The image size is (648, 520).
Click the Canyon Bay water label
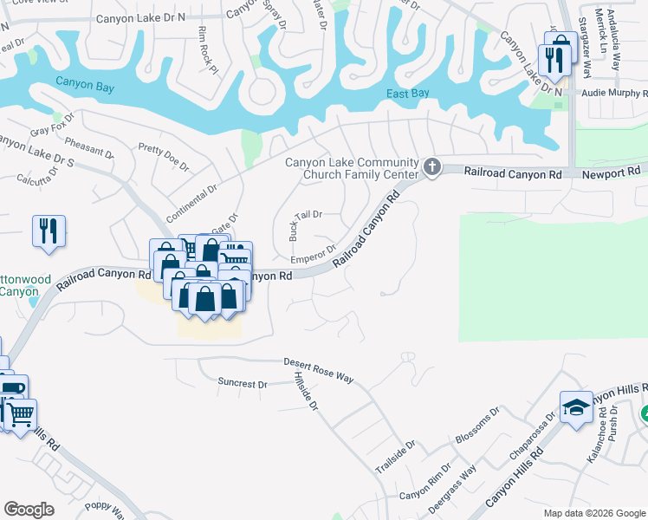[85, 84]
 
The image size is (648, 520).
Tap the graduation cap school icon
[576, 408]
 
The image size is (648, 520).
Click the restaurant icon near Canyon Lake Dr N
[553, 58]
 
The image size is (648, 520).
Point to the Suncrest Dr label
[243, 382]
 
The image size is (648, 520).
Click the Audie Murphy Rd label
[615, 92]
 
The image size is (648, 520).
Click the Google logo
[29, 509]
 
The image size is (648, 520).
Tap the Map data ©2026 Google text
[593, 513]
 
